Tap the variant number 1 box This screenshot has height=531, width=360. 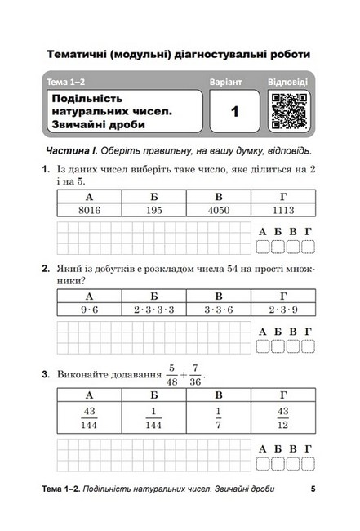point(233,112)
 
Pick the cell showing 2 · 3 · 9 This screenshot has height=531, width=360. point(283,310)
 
